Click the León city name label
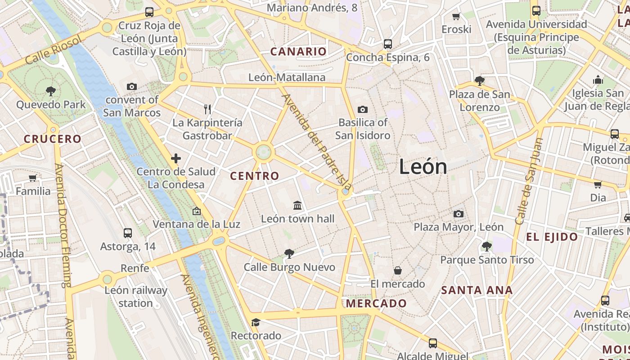(423, 167)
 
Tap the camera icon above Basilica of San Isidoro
(362, 109)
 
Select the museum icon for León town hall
(297, 206)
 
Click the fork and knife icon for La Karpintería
(207, 109)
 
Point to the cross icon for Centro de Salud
(176, 158)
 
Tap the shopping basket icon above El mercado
(397, 270)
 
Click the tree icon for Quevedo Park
(50, 91)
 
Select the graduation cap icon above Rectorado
(256, 322)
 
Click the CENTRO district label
(255, 176)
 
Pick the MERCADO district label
(376, 303)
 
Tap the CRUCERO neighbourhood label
(52, 139)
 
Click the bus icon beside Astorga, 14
(128, 233)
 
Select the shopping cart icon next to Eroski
(456, 17)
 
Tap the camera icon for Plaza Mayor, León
(459, 214)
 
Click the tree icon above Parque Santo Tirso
(486, 246)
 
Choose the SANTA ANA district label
(477, 290)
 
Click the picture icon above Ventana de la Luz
(196, 211)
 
